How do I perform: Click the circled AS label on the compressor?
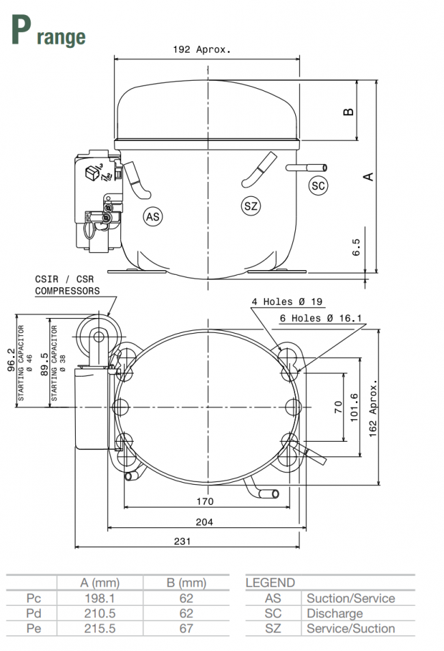pyautogui.click(x=154, y=217)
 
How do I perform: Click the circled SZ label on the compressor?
pyautogui.click(x=251, y=206)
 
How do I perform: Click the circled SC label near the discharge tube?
pyautogui.click(x=318, y=185)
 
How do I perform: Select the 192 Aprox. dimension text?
pyautogui.click(x=202, y=49)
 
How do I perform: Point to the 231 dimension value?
pyautogui.click(x=182, y=541)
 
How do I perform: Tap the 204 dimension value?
pyautogui.click(x=204, y=522)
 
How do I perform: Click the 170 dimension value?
pyautogui.click(x=205, y=501)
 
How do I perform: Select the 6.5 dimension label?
pyautogui.click(x=356, y=247)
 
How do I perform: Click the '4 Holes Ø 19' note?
pyautogui.click(x=287, y=302)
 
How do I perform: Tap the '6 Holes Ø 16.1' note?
pyautogui.click(x=321, y=318)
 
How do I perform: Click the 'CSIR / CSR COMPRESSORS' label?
pyautogui.click(x=67, y=285)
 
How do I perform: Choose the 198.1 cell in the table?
pyautogui.click(x=99, y=598)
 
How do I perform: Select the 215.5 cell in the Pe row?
pyautogui.click(x=99, y=628)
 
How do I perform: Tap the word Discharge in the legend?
pyautogui.click(x=334, y=613)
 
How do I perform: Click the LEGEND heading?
pyautogui.click(x=270, y=583)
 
